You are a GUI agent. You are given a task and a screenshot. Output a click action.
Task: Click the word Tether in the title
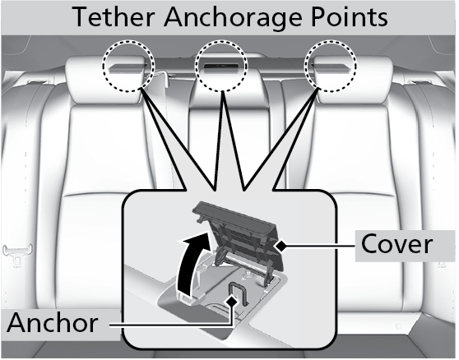[114, 16]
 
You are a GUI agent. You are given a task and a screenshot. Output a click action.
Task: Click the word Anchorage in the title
[233, 17]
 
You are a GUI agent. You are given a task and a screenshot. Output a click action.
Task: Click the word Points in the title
[350, 16]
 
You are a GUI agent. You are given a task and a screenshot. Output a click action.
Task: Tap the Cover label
[396, 244]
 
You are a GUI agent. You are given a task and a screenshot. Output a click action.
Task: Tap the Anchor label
[53, 322]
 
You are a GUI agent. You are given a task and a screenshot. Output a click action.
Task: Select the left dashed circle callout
[128, 67]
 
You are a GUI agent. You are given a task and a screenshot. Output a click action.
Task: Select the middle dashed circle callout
[221, 66]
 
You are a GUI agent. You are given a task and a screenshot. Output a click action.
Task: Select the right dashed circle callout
[331, 66]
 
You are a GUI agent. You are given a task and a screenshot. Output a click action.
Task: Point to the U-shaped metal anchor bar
[238, 293]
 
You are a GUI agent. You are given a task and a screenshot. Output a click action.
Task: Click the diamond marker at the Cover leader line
[281, 246]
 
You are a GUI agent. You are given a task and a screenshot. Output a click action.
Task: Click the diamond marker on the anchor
[233, 301]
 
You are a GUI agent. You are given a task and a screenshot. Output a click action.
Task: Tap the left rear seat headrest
[106, 79]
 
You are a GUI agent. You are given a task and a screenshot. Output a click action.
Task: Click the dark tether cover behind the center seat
[221, 65]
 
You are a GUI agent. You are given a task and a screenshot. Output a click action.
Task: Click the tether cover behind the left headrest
[128, 68]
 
